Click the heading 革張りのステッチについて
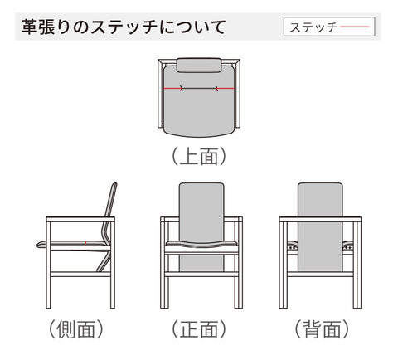(x=124, y=27)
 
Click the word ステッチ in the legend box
(x=313, y=27)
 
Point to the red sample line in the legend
(x=355, y=27)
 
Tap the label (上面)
(x=199, y=156)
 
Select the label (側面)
(x=76, y=328)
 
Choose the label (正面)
(x=199, y=328)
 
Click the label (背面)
(x=322, y=328)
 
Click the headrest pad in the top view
(x=199, y=65)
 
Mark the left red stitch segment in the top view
(x=172, y=89)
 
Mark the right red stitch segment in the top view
(x=226, y=89)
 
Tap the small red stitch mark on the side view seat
(x=85, y=243)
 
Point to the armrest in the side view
(x=80, y=220)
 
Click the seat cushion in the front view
(x=201, y=244)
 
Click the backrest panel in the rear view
(x=320, y=226)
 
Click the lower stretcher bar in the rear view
(x=320, y=275)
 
